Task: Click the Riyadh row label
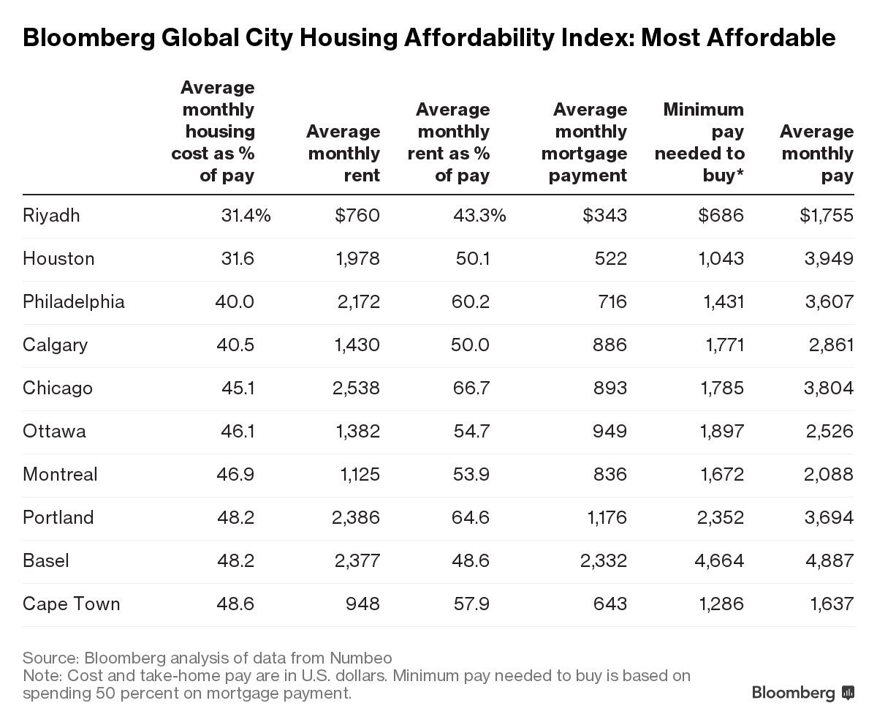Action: coord(51,216)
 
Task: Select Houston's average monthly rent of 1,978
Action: coord(356,259)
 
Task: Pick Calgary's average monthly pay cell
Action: coord(831,345)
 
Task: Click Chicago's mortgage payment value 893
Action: coord(607,388)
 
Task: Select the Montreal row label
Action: coord(60,475)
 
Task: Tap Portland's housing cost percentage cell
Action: coord(235,518)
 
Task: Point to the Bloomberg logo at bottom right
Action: coord(802,692)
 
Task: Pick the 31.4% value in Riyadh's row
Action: coord(246,216)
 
